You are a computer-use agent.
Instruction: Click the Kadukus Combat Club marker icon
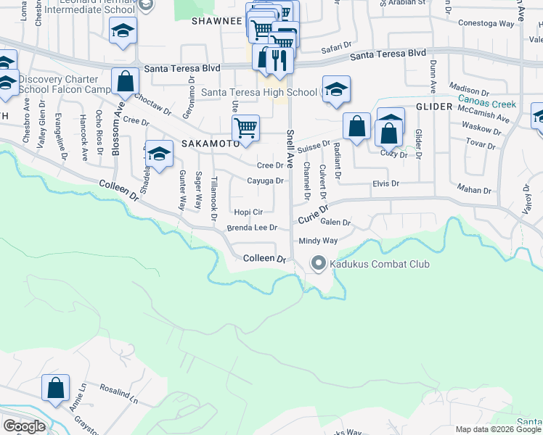(x=318, y=264)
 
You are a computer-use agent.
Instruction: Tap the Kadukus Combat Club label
(x=380, y=264)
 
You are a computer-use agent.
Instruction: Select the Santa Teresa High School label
(x=258, y=92)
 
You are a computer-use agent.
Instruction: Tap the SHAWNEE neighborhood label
(x=216, y=21)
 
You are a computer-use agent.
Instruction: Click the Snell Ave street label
(x=290, y=149)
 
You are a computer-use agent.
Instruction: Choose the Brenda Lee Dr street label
(x=253, y=228)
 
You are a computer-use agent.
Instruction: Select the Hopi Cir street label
(x=248, y=212)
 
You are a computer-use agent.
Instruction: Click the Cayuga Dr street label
(x=264, y=181)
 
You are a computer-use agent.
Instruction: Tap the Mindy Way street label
(x=318, y=241)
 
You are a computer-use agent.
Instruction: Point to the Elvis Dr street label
(x=385, y=184)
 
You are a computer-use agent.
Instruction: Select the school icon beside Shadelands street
(x=159, y=153)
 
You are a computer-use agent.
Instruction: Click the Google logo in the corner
(x=24, y=426)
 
